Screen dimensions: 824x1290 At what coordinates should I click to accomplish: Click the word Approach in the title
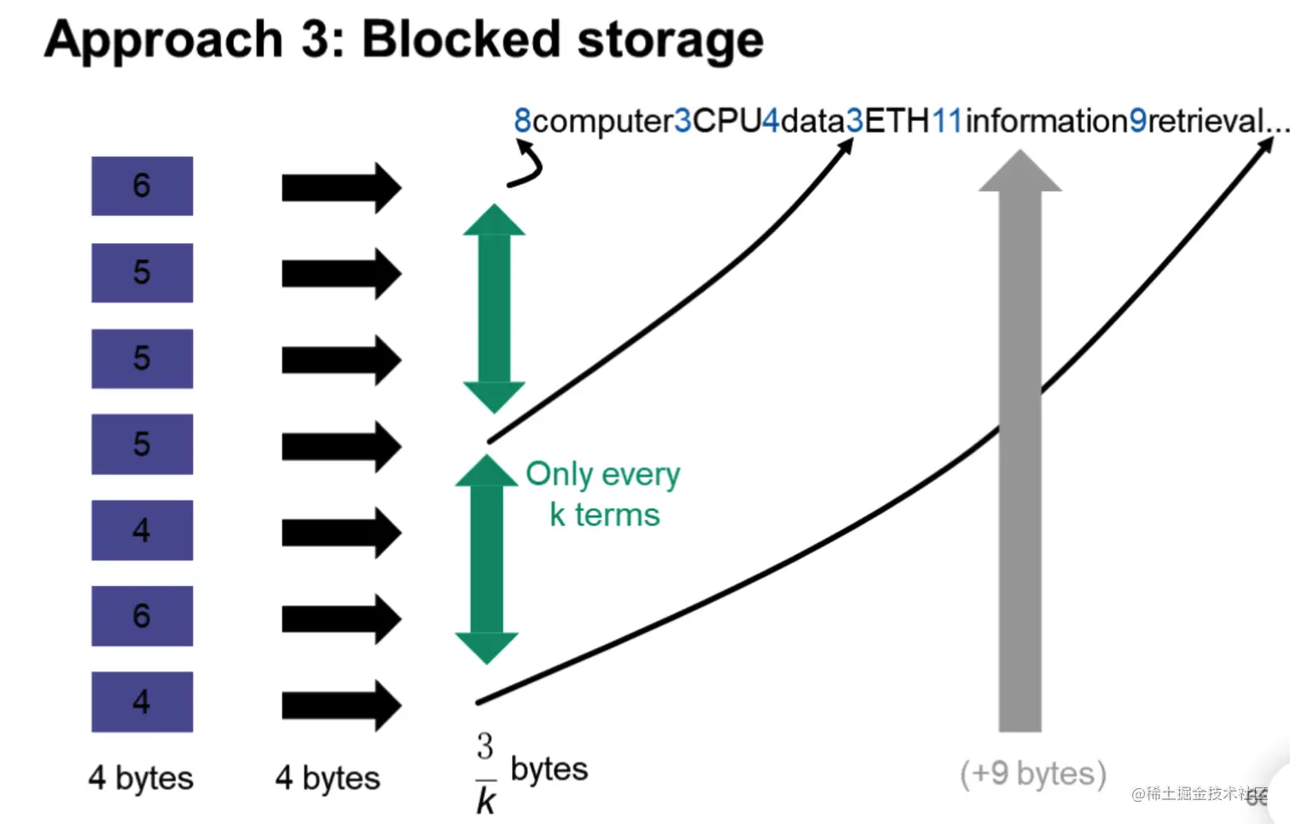[x=163, y=40]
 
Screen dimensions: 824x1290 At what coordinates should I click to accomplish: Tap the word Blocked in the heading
[x=461, y=40]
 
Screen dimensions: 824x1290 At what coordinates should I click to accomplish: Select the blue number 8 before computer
[x=522, y=121]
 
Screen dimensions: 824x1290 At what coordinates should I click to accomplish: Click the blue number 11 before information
[x=947, y=121]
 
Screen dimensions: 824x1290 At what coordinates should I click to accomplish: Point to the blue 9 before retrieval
[x=1138, y=121]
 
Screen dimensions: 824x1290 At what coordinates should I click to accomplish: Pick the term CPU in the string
[x=726, y=121]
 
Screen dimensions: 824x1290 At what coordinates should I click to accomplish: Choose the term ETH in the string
[x=897, y=121]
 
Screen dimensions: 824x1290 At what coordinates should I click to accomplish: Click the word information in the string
[x=1046, y=121]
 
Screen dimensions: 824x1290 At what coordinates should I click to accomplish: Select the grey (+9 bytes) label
[x=1033, y=774]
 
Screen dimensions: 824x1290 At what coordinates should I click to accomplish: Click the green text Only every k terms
[x=603, y=494]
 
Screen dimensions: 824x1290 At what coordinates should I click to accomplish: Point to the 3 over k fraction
[x=485, y=773]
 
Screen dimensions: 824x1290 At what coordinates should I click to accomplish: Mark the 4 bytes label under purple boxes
[x=141, y=778]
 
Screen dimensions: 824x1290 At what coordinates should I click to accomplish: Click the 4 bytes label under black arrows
[x=328, y=778]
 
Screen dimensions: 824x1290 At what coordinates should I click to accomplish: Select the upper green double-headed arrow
[x=494, y=309]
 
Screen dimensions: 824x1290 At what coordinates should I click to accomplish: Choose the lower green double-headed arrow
[x=486, y=559]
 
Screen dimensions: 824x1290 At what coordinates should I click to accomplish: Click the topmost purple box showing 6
[x=142, y=186]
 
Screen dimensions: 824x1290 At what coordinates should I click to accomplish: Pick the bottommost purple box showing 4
[x=142, y=702]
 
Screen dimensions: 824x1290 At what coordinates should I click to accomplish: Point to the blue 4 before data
[x=770, y=121]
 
